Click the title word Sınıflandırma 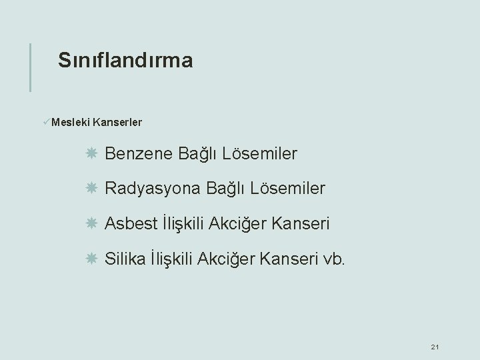(125, 61)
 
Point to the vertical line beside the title (30, 67)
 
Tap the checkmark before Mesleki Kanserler (45, 122)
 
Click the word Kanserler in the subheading (118, 123)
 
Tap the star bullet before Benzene (91, 154)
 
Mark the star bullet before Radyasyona (91, 189)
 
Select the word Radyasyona (153, 189)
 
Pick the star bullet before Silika (91, 258)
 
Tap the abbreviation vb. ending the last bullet (334, 258)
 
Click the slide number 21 (435, 347)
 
